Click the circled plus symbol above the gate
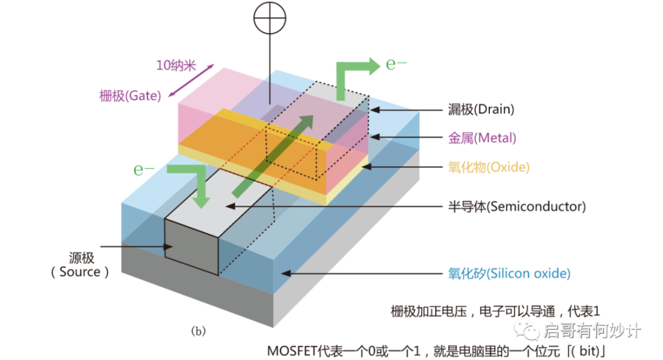[270, 18]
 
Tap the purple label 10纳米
[176, 66]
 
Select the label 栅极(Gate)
[130, 95]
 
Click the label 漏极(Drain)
[481, 109]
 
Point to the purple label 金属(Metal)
[482, 138]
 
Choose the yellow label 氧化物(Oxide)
[489, 167]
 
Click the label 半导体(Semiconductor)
[517, 206]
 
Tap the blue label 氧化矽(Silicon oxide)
[509, 273]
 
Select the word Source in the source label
[80, 272]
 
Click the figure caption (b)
[198, 331]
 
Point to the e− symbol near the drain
[396, 64]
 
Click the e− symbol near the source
[144, 170]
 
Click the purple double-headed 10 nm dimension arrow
[191, 80]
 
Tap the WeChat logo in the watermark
[526, 330]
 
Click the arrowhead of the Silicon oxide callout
[286, 273]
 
